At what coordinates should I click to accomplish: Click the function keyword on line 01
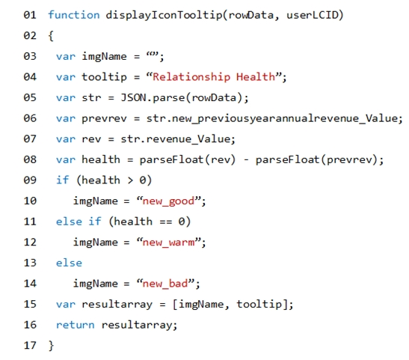(74, 15)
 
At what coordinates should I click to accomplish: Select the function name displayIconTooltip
(164, 16)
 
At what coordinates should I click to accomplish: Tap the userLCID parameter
(313, 15)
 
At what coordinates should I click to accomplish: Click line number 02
(30, 35)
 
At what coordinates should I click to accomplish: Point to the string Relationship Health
(214, 77)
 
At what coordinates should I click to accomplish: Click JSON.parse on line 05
(153, 98)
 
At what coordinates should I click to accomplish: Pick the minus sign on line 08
(246, 160)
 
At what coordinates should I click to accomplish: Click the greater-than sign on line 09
(130, 180)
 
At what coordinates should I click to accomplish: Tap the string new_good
(168, 201)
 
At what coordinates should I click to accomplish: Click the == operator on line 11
(166, 222)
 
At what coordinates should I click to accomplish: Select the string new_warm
(168, 242)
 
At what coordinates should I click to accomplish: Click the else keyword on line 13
(69, 263)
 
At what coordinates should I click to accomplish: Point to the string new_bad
(165, 284)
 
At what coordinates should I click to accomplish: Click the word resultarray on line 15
(117, 305)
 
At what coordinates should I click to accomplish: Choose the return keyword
(75, 325)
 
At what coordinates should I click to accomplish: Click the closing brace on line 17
(51, 346)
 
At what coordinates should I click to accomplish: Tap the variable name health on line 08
(101, 159)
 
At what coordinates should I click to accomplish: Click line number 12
(30, 242)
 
